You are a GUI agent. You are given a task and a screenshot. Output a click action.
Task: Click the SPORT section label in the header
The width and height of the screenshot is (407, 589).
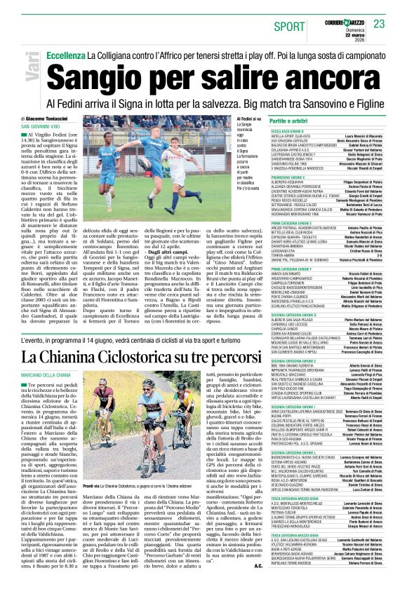290,26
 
